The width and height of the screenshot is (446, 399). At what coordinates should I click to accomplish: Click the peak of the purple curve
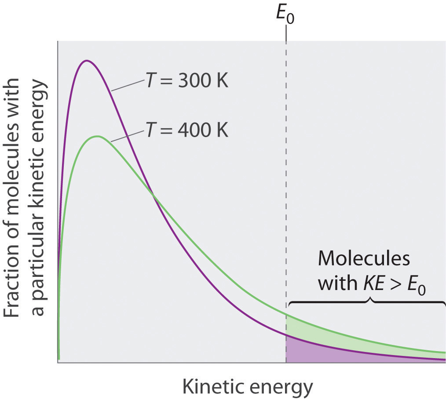pyautogui.click(x=87, y=60)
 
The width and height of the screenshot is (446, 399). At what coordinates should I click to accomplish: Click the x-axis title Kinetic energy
pyautogui.click(x=247, y=387)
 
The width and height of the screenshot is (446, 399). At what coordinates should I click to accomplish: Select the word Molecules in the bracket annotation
pyautogui.click(x=364, y=258)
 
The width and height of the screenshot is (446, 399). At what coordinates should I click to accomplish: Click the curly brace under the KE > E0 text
pyautogui.click(x=366, y=302)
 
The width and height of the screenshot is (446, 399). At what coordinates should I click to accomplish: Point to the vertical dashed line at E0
pyautogui.click(x=286, y=176)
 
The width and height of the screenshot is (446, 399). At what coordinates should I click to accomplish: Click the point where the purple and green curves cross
pyautogui.click(x=154, y=196)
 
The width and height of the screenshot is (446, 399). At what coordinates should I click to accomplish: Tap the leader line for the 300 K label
pyautogui.click(x=128, y=86)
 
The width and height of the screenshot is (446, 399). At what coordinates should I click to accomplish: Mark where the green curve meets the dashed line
pyautogui.click(x=286, y=315)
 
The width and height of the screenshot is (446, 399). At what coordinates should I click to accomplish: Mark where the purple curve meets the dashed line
pyautogui.click(x=286, y=335)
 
